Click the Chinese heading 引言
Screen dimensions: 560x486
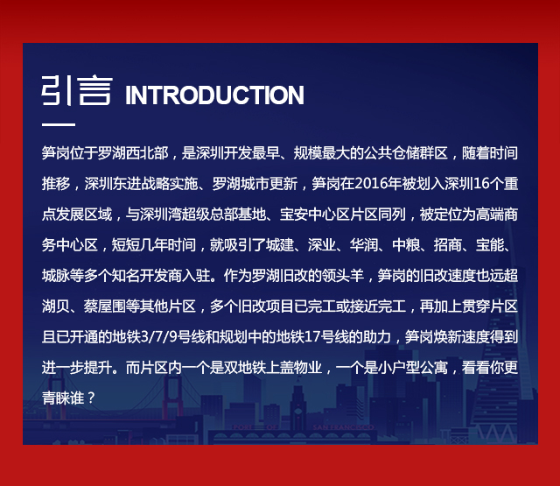coord(77,90)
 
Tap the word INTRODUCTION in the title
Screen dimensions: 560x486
coord(214,95)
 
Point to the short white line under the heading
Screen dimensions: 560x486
coord(59,124)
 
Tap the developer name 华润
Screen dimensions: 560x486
coord(364,245)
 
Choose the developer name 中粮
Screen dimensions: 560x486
coord(406,245)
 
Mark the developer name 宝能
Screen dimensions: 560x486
coord(490,245)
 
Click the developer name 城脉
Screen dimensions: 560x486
coord(56,276)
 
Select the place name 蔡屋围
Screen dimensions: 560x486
coord(105,306)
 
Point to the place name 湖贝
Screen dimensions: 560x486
coord(56,306)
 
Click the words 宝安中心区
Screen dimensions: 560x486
coord(314,215)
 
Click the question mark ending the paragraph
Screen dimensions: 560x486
coord(91,398)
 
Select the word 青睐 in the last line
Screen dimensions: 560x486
coord(56,398)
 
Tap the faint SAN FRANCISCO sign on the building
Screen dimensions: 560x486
coord(343,427)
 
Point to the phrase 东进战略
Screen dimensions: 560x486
coord(140,184)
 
